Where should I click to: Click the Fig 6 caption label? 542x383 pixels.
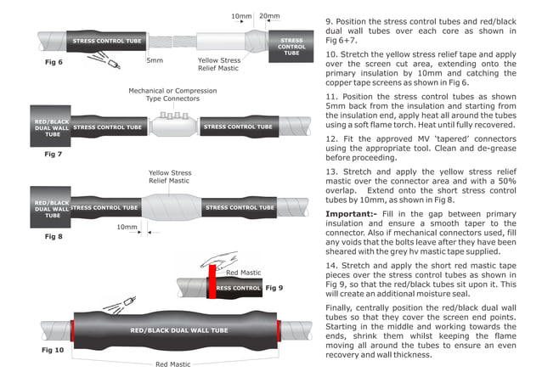tap(54, 63)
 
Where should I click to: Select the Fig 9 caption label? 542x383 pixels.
tap(274, 288)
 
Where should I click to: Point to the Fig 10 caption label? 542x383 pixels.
tap(53, 349)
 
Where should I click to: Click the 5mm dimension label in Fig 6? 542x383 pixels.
tap(154, 61)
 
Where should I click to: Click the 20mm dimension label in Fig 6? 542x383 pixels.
tap(271, 16)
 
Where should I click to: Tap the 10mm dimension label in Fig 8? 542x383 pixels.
tap(127, 228)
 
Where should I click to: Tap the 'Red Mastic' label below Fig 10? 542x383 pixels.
tap(172, 364)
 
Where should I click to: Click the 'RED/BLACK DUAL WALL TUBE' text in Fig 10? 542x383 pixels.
tap(178, 329)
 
